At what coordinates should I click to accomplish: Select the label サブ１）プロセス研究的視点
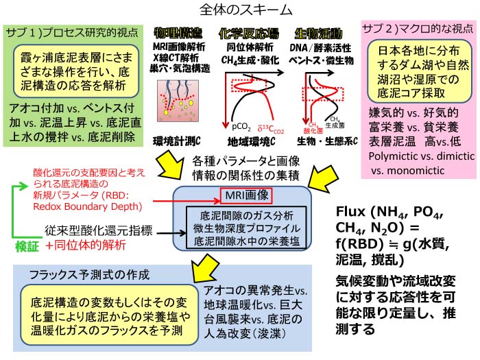click(73, 32)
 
